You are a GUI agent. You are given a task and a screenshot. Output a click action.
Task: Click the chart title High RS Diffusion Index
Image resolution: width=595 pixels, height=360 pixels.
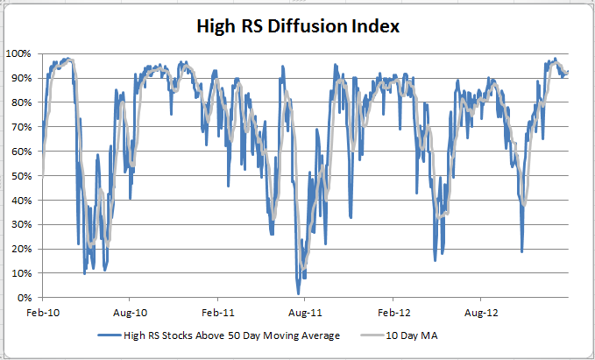297,27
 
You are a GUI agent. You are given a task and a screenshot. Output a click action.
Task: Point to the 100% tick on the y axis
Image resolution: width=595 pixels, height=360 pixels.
20,53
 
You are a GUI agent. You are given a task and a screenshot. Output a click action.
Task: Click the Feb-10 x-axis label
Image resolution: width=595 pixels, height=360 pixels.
41,312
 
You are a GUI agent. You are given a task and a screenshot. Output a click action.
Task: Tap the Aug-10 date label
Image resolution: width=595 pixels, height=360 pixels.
129,312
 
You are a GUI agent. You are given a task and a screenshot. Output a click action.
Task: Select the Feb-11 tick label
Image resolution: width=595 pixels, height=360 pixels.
217,312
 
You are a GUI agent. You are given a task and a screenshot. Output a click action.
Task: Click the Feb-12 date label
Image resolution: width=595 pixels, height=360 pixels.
393,312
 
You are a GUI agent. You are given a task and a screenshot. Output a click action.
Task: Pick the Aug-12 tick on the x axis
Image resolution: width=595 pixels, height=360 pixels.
481,312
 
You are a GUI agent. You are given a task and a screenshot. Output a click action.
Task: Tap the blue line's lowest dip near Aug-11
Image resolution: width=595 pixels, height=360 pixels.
298,293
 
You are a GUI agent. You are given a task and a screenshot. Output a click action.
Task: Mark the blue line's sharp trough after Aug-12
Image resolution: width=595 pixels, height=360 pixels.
522,251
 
